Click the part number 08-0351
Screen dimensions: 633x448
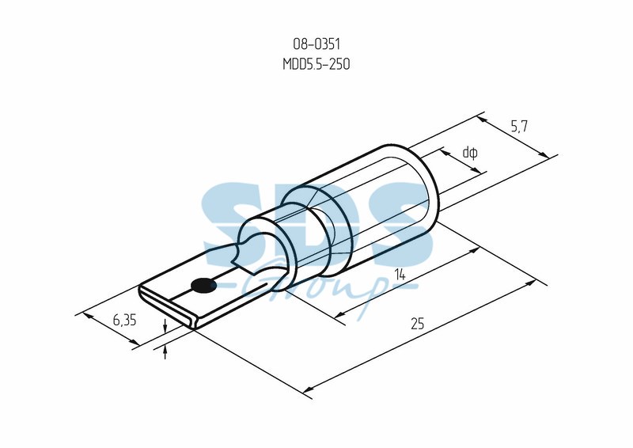[x=316, y=44]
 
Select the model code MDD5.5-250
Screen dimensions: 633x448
[x=316, y=64]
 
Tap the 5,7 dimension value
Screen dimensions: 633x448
[x=519, y=127]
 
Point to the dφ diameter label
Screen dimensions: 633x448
[x=470, y=153]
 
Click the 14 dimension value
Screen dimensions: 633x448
[x=400, y=275]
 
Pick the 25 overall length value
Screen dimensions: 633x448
[x=418, y=324]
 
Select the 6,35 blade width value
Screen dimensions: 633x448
[x=124, y=321]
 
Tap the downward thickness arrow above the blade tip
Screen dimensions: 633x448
[x=165, y=325]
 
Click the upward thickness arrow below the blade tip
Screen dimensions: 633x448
[x=165, y=352]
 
